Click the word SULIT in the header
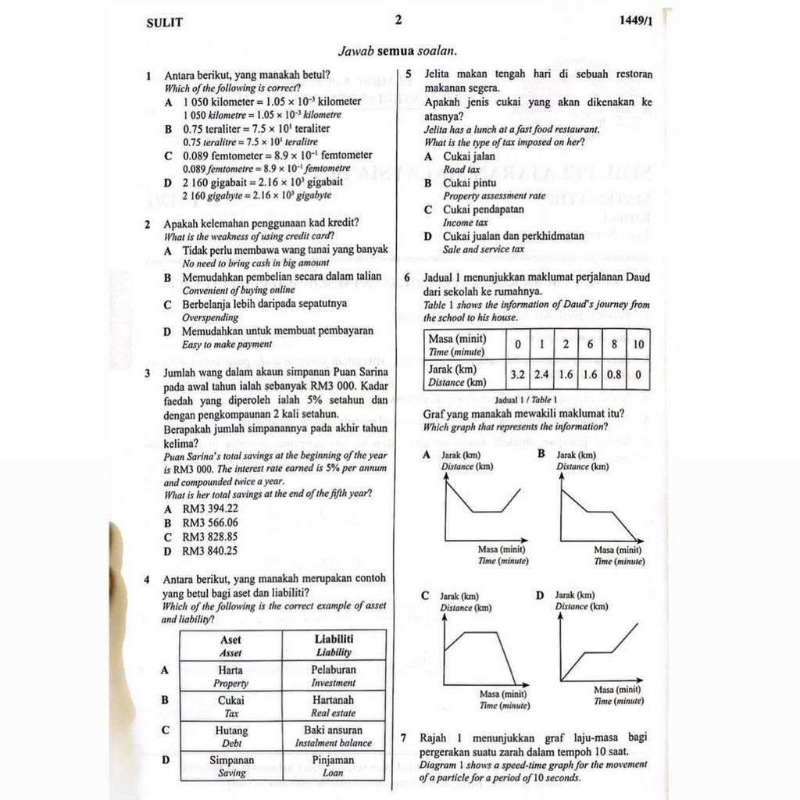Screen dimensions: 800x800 tap(164, 23)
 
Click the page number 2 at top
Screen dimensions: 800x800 tap(398, 20)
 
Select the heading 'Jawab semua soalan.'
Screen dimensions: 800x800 tap(398, 52)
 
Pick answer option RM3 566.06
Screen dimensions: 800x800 tap(210, 523)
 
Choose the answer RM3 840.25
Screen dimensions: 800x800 tap(210, 551)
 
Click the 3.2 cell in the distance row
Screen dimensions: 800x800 tap(517, 375)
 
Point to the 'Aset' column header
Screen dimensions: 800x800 tap(230, 645)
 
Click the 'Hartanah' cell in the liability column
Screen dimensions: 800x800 tap(334, 705)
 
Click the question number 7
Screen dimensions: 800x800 tap(403, 737)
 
